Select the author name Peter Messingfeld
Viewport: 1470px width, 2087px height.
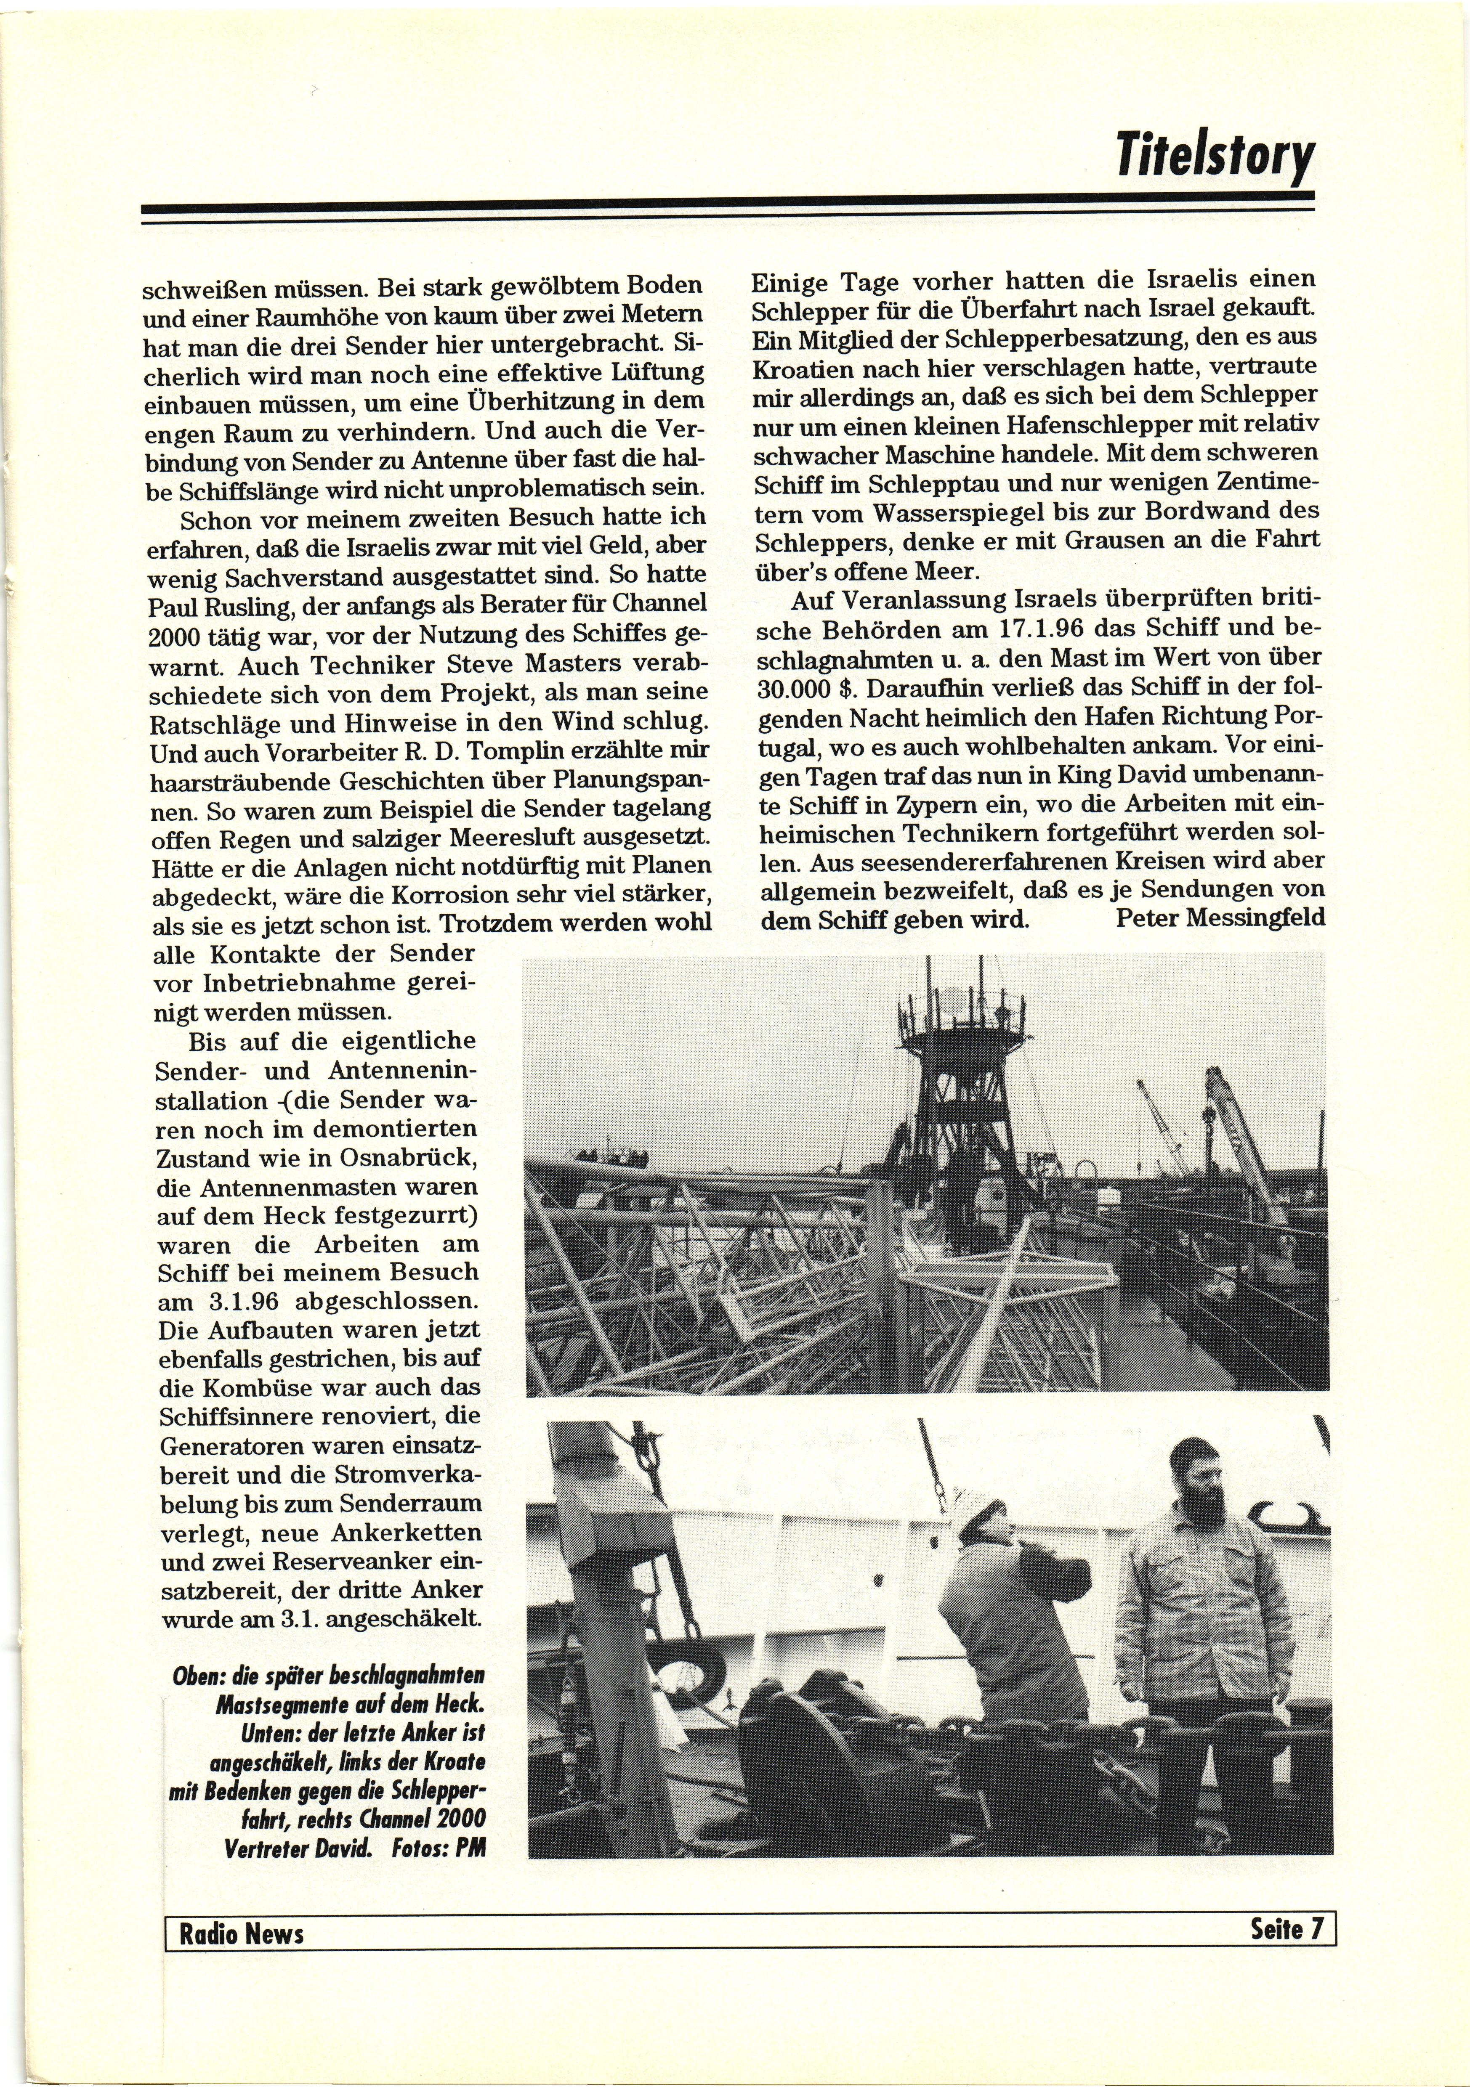click(x=1219, y=918)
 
